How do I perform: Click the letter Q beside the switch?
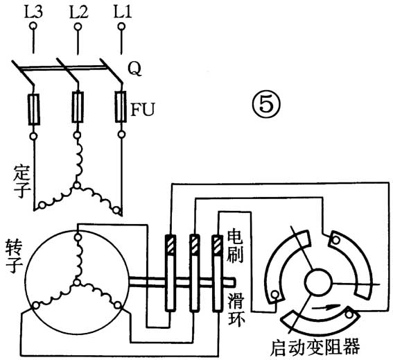[136, 68]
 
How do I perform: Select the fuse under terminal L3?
[33, 108]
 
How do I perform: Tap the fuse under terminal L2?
[78, 108]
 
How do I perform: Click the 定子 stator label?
[20, 179]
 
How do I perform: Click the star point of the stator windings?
[78, 186]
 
